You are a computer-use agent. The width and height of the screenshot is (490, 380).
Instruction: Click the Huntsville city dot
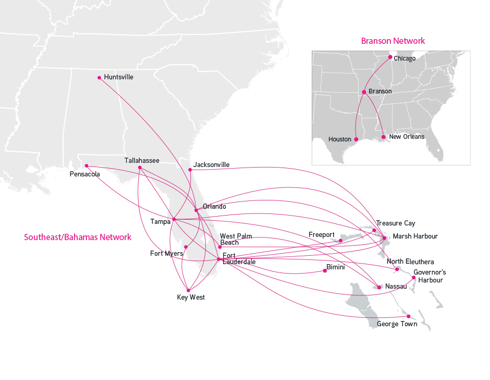click(100, 78)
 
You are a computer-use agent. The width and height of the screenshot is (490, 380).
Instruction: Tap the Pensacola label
click(84, 174)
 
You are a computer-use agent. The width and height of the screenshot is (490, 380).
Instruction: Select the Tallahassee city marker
click(140, 167)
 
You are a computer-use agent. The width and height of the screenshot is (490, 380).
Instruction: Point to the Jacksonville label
click(211, 165)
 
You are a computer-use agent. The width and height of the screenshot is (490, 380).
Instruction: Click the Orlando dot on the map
click(195, 210)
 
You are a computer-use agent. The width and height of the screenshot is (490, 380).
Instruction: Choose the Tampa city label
click(160, 221)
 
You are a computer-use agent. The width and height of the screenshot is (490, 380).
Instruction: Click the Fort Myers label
click(166, 254)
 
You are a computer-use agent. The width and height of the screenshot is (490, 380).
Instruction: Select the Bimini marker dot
click(325, 270)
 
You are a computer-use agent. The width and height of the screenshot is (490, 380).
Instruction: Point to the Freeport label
click(321, 235)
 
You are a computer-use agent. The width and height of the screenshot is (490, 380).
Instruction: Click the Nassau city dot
click(379, 287)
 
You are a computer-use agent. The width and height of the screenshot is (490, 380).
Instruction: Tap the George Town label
click(397, 324)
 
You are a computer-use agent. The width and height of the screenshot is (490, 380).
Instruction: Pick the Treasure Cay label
click(396, 223)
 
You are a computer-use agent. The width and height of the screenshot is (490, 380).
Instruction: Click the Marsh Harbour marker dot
click(385, 238)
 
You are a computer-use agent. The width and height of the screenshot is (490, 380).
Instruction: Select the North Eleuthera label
click(410, 262)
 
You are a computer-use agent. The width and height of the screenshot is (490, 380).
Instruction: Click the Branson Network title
click(393, 41)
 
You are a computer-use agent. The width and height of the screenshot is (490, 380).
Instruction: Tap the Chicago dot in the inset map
click(390, 56)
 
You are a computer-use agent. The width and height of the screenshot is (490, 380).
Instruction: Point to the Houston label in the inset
click(340, 139)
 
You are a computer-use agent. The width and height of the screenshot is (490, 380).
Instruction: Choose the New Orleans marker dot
click(384, 137)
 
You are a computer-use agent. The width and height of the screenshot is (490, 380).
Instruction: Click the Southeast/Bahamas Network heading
click(78, 237)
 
